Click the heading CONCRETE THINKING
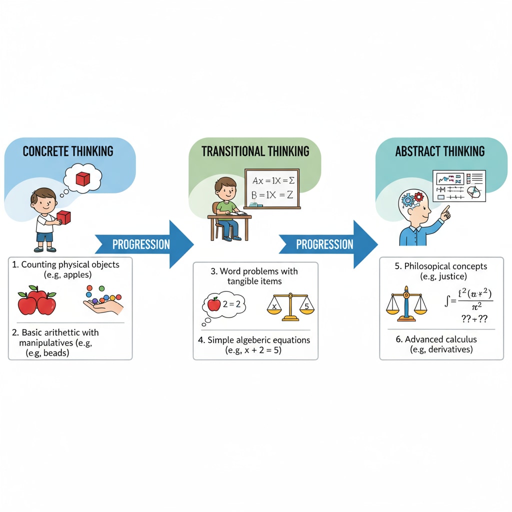tap(68, 151)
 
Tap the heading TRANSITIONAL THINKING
tap(255, 151)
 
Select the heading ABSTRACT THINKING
tap(439, 151)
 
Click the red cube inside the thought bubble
tap(82, 178)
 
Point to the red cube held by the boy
tap(63, 217)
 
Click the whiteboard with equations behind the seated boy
tap(271, 188)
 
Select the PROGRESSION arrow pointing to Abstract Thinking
tap(327, 244)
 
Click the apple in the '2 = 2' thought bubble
tap(214, 303)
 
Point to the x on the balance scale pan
tap(273, 303)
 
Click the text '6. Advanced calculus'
tap(436, 339)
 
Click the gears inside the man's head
tap(412, 198)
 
